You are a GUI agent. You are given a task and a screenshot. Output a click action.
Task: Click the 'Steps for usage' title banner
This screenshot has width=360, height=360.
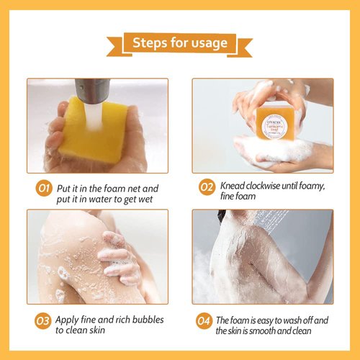coord(180,43)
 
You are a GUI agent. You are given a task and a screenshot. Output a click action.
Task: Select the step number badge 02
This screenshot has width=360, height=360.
coord(207,189)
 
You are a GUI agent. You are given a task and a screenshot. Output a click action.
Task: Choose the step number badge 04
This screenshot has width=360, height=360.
coord(207,320)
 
